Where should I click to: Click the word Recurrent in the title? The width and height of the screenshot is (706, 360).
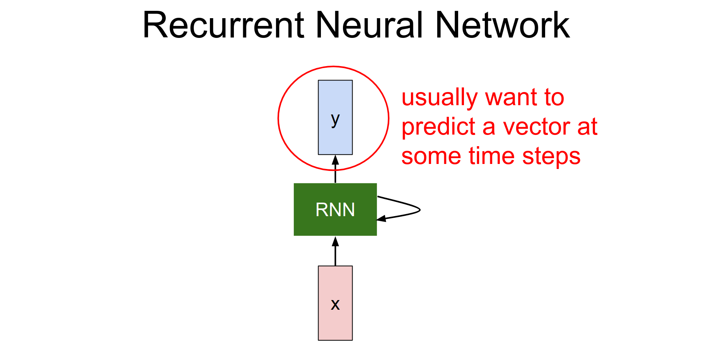point(223,25)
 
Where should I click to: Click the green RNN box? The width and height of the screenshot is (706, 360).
point(309,224)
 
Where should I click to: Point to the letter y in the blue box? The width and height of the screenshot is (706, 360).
point(335,119)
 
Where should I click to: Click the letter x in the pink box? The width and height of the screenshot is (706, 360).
point(335,305)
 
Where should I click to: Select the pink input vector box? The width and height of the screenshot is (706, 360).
point(335,325)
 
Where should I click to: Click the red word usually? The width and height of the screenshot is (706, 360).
point(440,97)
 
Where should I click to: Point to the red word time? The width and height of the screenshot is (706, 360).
point(492,156)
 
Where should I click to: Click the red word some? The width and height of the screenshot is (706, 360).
point(431,156)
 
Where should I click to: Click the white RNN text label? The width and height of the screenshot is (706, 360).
point(335,210)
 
